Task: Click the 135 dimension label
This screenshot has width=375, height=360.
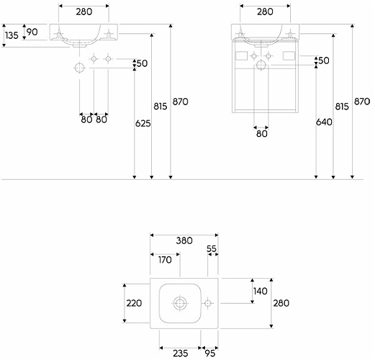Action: click(x=12, y=35)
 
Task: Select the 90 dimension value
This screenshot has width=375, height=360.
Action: click(x=32, y=32)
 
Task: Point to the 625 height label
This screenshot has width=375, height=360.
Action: click(x=143, y=123)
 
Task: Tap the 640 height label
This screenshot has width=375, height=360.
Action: click(x=324, y=122)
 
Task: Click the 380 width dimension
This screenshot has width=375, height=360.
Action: click(x=184, y=240)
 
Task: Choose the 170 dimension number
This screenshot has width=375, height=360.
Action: click(x=165, y=260)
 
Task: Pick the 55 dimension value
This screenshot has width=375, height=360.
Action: click(x=212, y=249)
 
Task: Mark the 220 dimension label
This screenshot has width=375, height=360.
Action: click(x=134, y=303)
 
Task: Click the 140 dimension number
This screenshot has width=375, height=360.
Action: click(x=261, y=291)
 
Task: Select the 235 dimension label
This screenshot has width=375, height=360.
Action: click(x=181, y=354)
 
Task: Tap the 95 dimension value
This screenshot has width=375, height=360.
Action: click(x=210, y=354)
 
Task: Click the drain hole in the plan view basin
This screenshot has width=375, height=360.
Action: click(x=180, y=303)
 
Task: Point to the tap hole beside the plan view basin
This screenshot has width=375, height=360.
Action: click(x=208, y=303)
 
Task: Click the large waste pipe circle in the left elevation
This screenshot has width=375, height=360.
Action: click(x=80, y=68)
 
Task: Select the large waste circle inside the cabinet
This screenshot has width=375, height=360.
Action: click(x=261, y=65)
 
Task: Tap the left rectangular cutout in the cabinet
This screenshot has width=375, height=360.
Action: click(x=241, y=56)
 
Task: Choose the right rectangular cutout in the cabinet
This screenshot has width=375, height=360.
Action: click(x=289, y=56)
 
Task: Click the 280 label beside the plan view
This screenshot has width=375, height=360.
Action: click(x=281, y=303)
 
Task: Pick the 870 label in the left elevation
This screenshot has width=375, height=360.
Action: click(x=181, y=102)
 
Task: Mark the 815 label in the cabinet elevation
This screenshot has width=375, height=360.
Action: click(x=342, y=107)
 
